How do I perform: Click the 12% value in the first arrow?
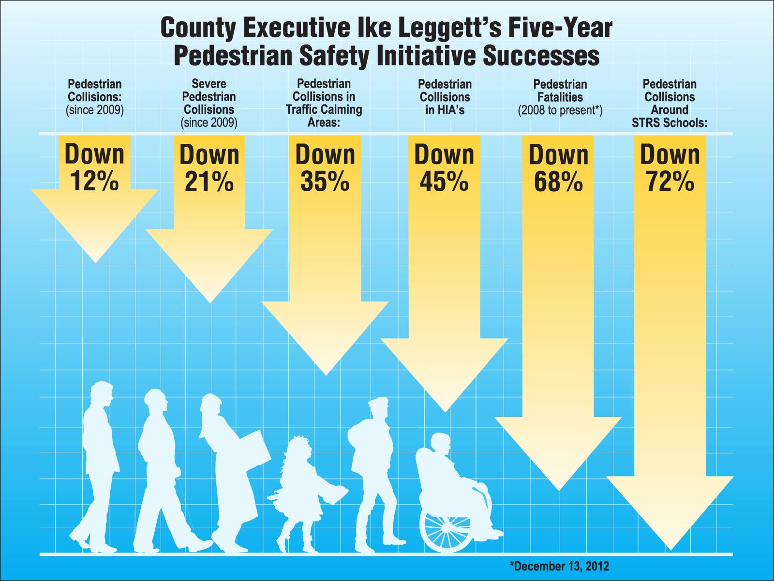(x=94, y=181)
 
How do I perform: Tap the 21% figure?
(x=209, y=183)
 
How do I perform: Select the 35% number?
(x=325, y=181)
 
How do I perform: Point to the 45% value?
(x=444, y=181)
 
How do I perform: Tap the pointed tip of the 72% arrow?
(x=670, y=549)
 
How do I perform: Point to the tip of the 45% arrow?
(x=444, y=411)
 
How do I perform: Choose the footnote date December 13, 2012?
(x=559, y=566)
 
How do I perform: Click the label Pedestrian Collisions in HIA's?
(x=445, y=97)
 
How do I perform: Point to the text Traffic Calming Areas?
(x=324, y=115)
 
